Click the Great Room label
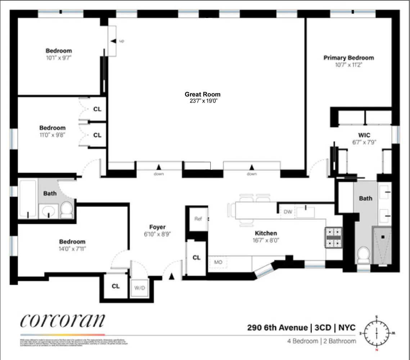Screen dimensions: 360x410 point(202,94)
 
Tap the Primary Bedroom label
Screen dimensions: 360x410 point(348,58)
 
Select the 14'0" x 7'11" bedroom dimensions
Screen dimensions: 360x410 point(72,248)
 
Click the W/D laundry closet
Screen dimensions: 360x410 point(139,288)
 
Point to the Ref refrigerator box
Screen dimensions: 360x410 point(198,219)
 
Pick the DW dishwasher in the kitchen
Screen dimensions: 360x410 point(288,212)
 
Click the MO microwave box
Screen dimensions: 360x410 point(218,262)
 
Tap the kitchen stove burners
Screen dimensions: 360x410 point(334,238)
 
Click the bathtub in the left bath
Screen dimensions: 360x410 point(28,199)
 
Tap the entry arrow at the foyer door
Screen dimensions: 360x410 point(171,276)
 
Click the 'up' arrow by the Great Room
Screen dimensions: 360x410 point(114,41)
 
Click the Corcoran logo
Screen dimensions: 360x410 point(63,320)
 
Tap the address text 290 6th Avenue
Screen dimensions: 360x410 point(277,328)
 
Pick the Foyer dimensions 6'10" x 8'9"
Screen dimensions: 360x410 point(157,234)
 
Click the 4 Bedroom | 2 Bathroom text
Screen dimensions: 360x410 point(321,341)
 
